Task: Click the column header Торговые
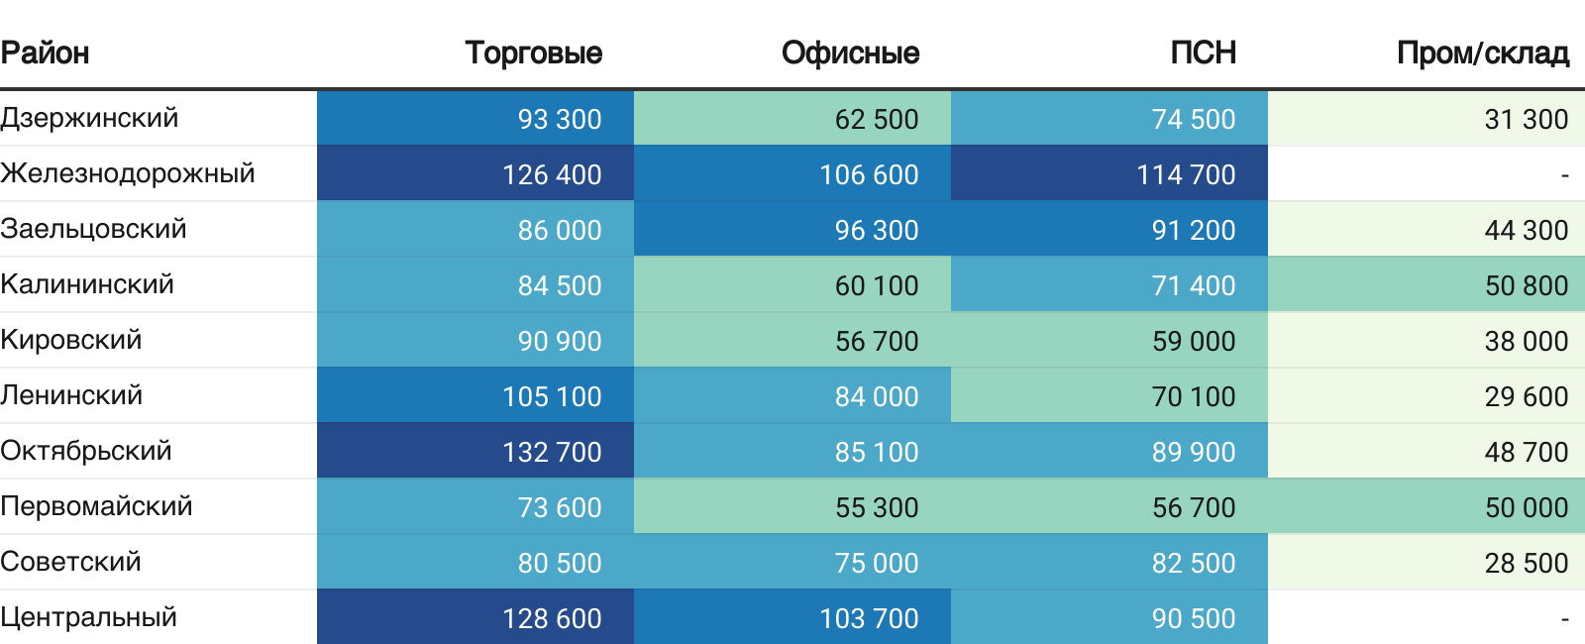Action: coord(533,53)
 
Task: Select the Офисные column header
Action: coord(850,53)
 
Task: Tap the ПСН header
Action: coord(1203,53)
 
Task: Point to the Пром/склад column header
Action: coord(1482,53)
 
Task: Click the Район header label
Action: coord(46,53)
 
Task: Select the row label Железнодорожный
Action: coord(128,173)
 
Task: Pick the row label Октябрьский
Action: coord(86,451)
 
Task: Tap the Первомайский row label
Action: coord(96,506)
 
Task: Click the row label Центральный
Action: coord(89,617)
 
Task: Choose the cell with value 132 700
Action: coord(552,452)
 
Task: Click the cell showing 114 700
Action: coord(1186,174)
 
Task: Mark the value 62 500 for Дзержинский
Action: coord(877,119)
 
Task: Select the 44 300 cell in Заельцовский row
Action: coord(1526,230)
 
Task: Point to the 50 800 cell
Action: coord(1526,285)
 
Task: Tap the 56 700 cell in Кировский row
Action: coord(877,341)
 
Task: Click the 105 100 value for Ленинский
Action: coord(552,396)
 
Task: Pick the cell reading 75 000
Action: coord(877,563)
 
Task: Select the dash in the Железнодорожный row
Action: coord(1564,175)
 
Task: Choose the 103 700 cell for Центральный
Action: coord(869,618)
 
